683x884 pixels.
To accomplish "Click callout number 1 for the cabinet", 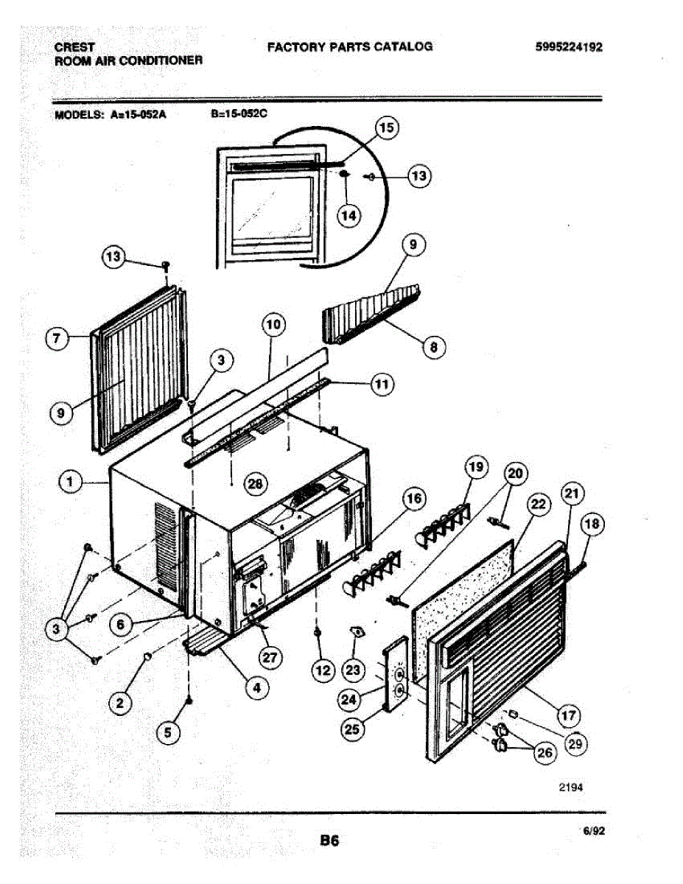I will pos(71,482).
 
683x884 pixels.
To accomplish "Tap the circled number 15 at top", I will pos(386,128).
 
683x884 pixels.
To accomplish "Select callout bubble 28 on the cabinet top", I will pos(256,483).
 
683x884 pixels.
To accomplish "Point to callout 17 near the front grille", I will pos(569,714).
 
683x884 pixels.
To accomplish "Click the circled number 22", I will pos(540,505).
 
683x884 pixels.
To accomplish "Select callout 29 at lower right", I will pos(575,743).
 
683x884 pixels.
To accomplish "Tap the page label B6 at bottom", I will pos(329,840).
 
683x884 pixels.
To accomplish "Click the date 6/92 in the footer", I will pos(593,830).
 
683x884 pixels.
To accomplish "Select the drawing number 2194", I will pos(571,787).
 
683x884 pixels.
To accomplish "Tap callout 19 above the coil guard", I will pos(476,466).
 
